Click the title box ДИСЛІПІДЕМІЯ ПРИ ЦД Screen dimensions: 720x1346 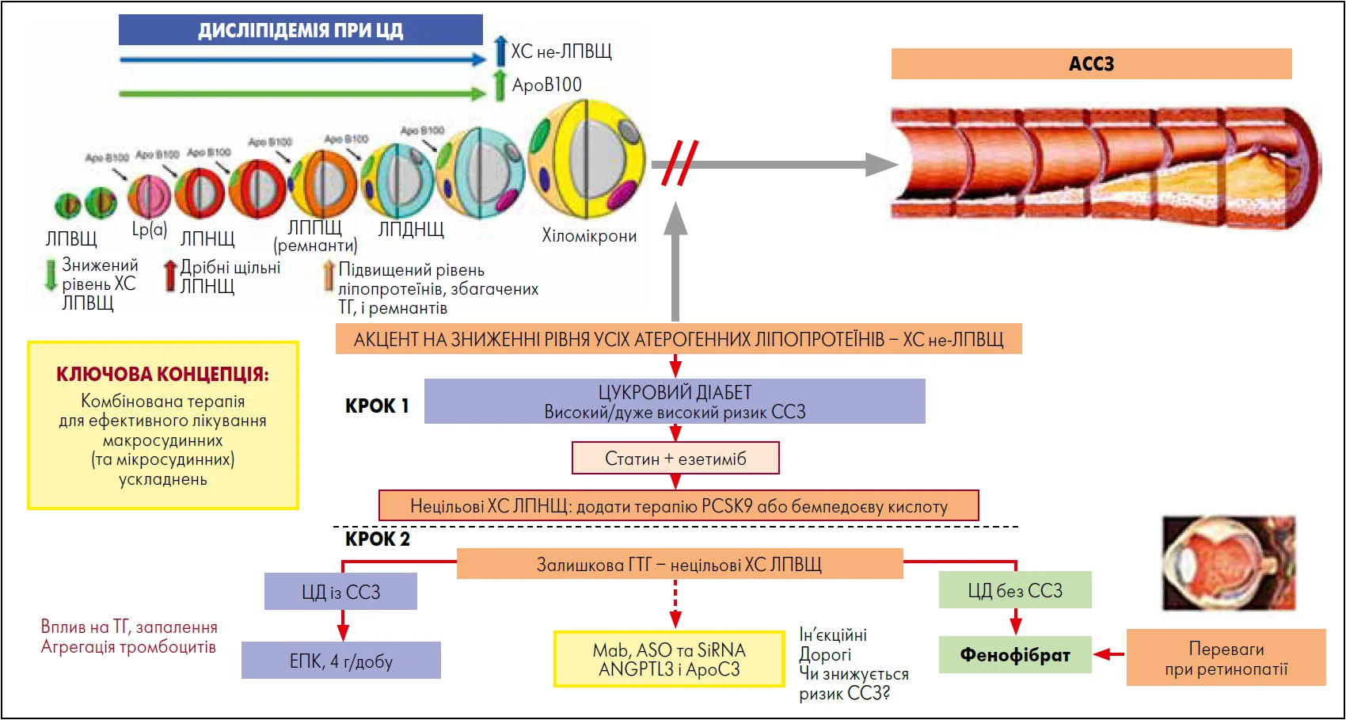[300, 30]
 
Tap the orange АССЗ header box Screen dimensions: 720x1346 [1091, 63]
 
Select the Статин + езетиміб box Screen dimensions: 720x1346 [675, 458]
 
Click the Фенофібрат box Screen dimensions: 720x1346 [1015, 655]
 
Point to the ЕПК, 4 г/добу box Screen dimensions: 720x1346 [340, 661]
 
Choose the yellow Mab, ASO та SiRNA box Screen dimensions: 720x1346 [669, 659]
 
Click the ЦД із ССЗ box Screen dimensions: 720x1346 [340, 592]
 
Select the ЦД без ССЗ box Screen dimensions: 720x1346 [1015, 590]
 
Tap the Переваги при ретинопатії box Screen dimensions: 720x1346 [1226, 658]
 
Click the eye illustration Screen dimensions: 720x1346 [1228, 563]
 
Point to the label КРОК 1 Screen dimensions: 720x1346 [377, 406]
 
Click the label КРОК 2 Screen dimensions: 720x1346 [378, 539]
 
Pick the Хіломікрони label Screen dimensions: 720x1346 [589, 235]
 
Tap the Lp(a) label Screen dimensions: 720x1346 [150, 230]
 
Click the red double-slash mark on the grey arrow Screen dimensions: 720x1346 [679, 163]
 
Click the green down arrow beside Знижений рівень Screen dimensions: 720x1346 [51, 274]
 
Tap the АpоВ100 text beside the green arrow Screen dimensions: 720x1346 [546, 85]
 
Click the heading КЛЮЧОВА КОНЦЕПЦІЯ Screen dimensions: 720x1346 [162, 374]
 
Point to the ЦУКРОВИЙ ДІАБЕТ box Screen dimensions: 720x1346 [675, 402]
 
